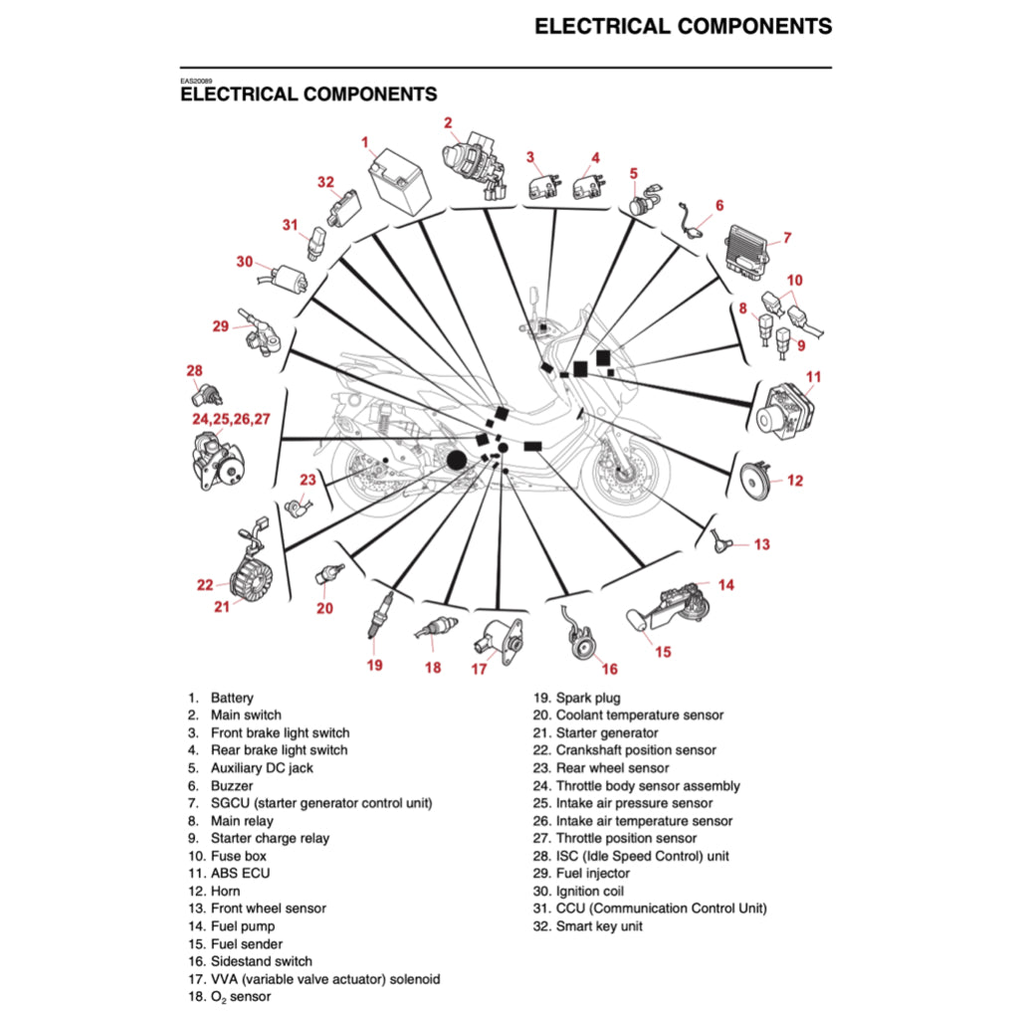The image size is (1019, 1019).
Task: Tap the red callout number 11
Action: (814, 376)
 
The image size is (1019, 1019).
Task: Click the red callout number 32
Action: (326, 182)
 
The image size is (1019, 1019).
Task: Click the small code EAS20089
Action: (196, 81)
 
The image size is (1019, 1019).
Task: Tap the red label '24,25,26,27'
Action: (231, 419)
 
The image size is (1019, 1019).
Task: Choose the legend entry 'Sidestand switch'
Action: (261, 961)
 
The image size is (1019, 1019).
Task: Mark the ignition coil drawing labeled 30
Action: (292, 278)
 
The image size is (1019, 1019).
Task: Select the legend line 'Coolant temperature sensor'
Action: (639, 715)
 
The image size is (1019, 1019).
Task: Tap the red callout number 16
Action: (609, 669)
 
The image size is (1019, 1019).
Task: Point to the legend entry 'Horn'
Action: (226, 891)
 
